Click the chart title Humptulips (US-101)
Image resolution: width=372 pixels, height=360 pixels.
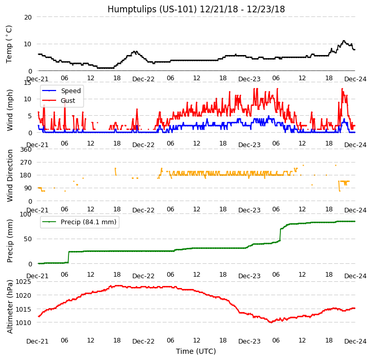pyautogui.click(x=196, y=9)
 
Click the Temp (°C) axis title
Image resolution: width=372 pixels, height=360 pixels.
pyautogui.click(x=9, y=44)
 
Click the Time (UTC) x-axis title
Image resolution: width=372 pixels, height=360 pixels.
pyautogui.click(x=196, y=352)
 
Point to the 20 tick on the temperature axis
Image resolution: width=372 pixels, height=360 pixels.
pyautogui.click(x=28, y=17)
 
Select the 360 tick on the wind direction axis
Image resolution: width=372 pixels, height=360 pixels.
pyautogui.click(x=26, y=150)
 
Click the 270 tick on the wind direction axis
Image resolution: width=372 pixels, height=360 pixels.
pyautogui.click(x=26, y=163)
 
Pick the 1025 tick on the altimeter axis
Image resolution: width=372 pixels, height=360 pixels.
pyautogui.click(x=24, y=282)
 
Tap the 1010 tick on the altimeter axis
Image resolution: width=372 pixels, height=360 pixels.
pyautogui.click(x=24, y=323)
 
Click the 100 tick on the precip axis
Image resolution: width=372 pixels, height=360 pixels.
pyautogui.click(x=26, y=214)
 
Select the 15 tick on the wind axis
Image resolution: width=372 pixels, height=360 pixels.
pyautogui.click(x=28, y=82)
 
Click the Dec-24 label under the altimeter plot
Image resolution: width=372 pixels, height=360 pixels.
pyautogui.click(x=355, y=341)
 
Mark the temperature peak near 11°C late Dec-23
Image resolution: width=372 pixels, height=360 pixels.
pyautogui.click(x=344, y=41)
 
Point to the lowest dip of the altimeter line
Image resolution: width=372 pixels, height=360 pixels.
pyautogui.click(x=271, y=322)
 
